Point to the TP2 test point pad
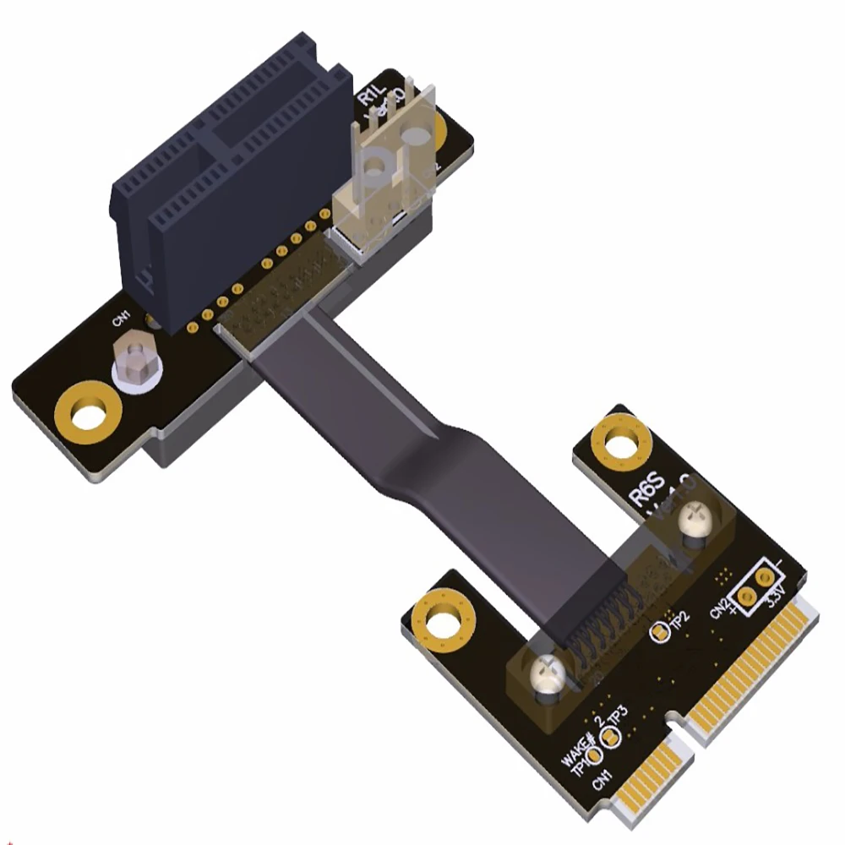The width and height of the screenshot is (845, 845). [656, 630]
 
